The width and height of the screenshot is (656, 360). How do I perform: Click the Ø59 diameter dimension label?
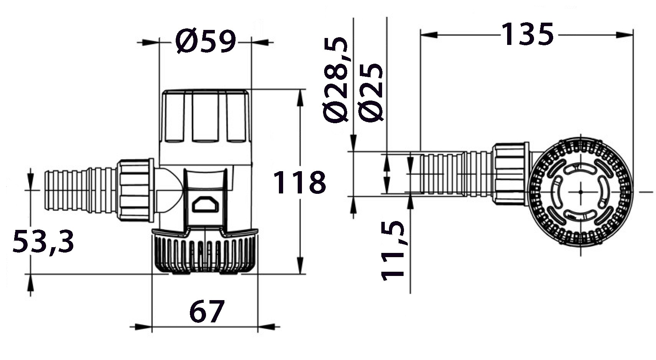click(x=205, y=41)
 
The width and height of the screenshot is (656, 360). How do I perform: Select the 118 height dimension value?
click(x=300, y=182)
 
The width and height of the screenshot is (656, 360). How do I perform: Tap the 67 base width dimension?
click(x=207, y=311)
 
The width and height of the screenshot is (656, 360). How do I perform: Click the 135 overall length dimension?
click(x=527, y=34)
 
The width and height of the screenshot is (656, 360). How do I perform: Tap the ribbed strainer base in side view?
click(x=205, y=252)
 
